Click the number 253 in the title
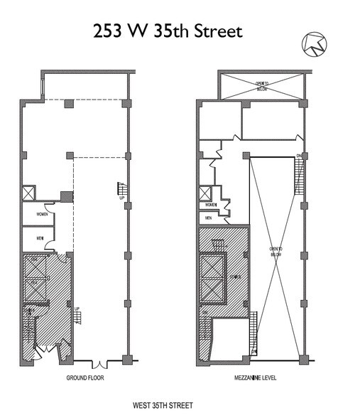112,31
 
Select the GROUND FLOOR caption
85,378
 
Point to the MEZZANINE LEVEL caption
257,378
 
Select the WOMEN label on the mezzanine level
210,205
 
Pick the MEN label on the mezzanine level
209,218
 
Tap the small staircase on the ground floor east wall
121,191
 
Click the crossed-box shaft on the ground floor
29,193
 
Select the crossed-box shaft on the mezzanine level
207,193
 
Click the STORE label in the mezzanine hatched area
236,277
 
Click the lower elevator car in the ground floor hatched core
35,288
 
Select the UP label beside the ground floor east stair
121,198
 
